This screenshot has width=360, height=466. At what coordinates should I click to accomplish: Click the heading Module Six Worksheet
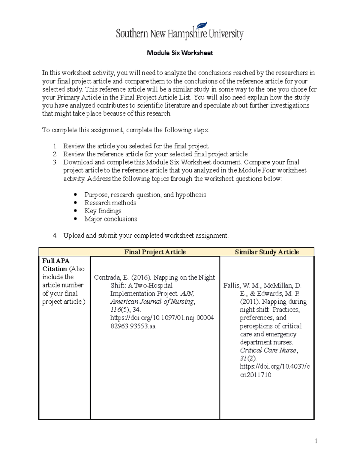coord(180,53)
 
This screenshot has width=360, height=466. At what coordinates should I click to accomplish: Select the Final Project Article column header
coord(155,252)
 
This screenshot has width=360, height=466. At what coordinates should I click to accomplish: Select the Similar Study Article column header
coord(267,252)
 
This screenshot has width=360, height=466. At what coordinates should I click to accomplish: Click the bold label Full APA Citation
coord(56,265)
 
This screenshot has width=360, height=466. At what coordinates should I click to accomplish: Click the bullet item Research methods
coord(110,203)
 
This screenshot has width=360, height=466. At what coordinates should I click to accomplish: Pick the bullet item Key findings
coord(103,211)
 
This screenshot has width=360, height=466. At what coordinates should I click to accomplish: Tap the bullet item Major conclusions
coord(110,219)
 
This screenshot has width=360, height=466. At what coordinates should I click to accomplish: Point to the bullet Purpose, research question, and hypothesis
coord(145,195)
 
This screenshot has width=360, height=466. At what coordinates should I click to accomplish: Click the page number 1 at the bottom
coord(316,441)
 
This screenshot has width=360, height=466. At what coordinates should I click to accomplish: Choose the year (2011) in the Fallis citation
coord(250,302)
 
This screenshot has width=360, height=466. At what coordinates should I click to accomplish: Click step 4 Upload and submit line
coord(145,236)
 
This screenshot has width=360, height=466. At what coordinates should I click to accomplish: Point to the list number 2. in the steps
coord(55,154)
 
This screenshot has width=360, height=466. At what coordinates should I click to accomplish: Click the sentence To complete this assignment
coord(125,130)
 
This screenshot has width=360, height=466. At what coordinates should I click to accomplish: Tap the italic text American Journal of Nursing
coord(152,302)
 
